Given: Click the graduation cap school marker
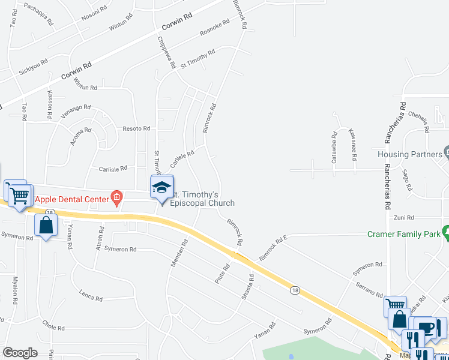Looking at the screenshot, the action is tap(161, 187).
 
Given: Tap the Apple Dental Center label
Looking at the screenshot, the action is tap(71, 198).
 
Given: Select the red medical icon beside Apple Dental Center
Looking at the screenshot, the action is tap(117, 197).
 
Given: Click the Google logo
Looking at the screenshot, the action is tap(20, 353).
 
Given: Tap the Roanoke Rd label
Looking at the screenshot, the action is tap(214, 29).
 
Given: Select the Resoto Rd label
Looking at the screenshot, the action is tap(136, 128).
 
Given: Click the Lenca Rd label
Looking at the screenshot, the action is tap(91, 296).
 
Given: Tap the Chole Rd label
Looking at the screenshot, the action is tap(53, 327).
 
